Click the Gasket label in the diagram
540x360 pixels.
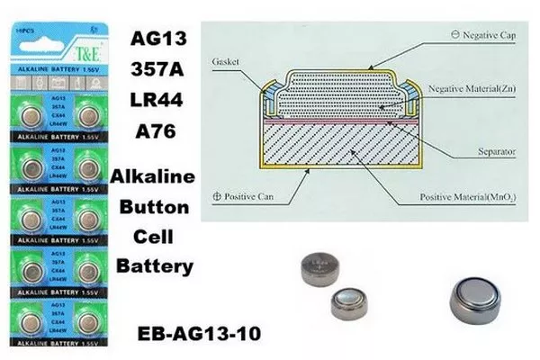click(x=227, y=63)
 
